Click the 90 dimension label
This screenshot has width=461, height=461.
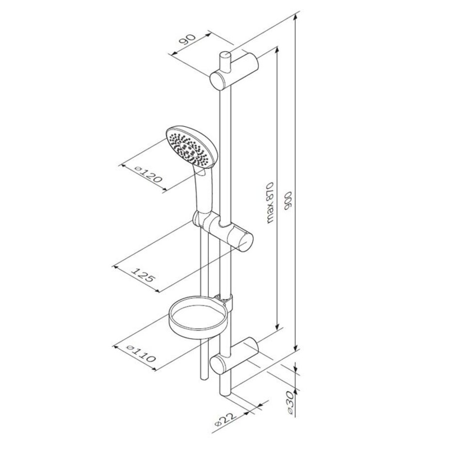click(187, 39)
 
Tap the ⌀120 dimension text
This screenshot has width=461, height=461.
click(148, 174)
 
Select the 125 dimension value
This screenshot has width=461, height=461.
click(142, 275)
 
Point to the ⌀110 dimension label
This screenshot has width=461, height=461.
click(141, 353)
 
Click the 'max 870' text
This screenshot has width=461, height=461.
click(270, 203)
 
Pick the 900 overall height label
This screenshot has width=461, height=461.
click(288, 201)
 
